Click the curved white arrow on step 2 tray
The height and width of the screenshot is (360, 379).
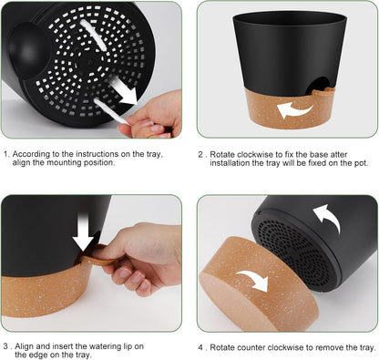[x=295, y=109]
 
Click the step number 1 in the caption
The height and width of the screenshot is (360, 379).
[x=6, y=156]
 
